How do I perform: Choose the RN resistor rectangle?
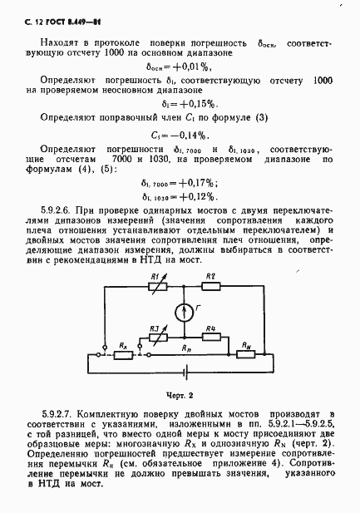[x=246, y=354]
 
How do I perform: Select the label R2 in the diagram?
[x=210, y=276]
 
